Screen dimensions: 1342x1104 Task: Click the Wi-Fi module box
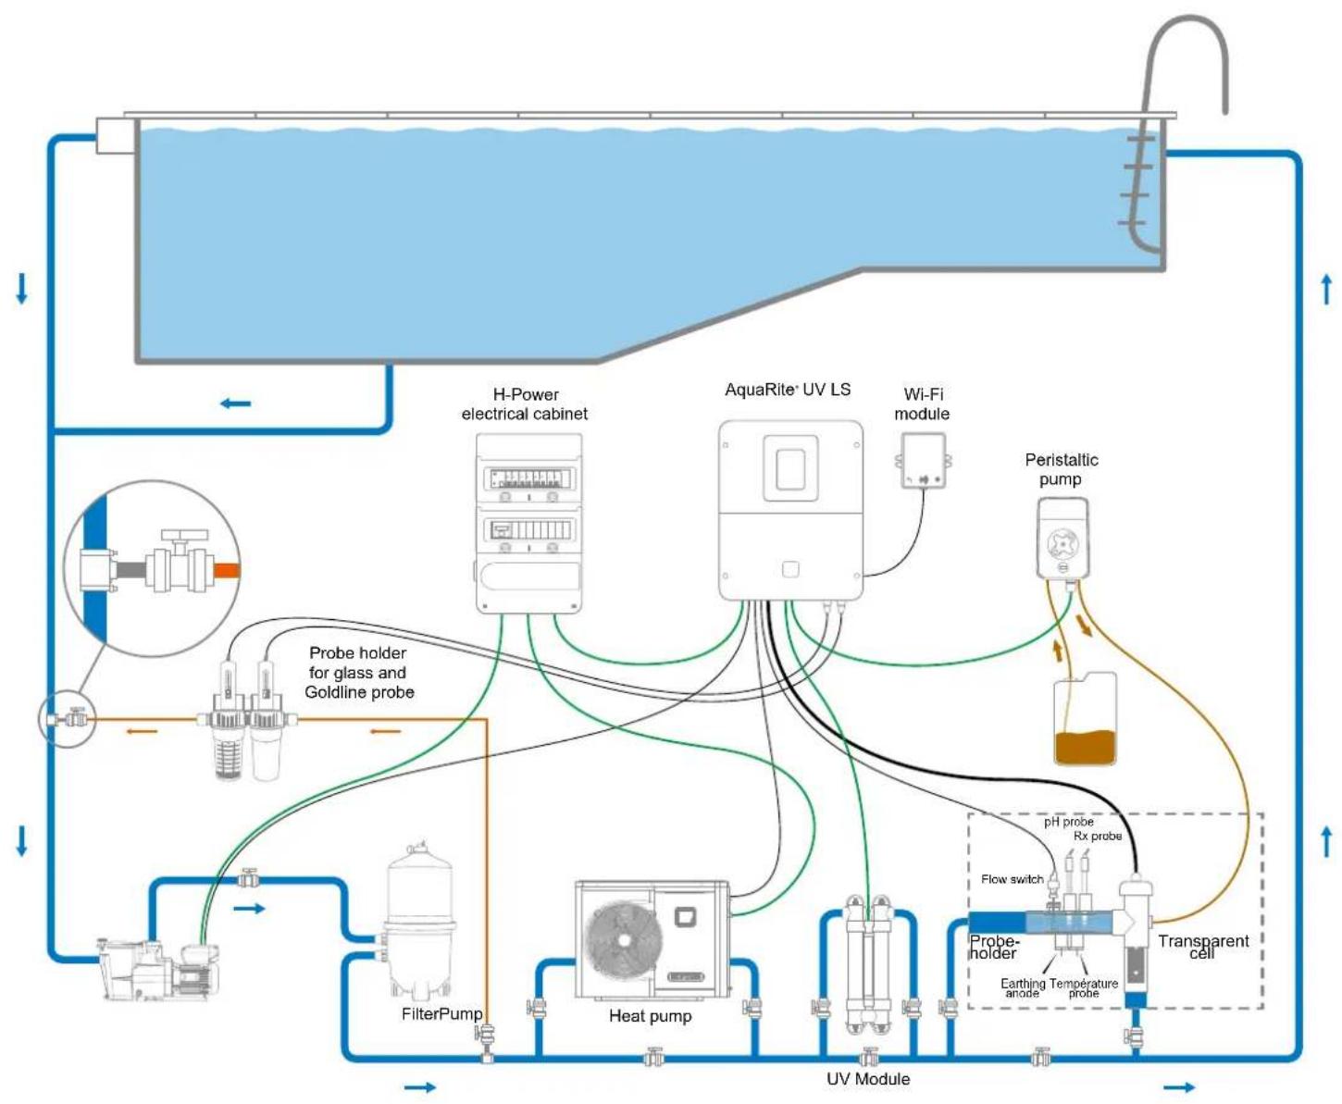coord(923,461)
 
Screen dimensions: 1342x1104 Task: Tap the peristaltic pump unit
coord(1062,539)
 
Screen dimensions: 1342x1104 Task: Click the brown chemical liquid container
coord(1085,718)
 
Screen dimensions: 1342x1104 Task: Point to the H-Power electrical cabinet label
coord(525,404)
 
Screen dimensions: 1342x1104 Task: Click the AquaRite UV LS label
coord(787,390)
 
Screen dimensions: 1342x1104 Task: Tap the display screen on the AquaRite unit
coord(790,469)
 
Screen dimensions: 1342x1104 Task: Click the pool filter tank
coord(419,922)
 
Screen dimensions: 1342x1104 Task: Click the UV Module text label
coord(868,1078)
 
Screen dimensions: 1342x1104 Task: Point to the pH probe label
coord(1068,822)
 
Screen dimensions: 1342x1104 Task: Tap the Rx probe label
coord(1097,836)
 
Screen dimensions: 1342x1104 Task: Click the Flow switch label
coord(1012,879)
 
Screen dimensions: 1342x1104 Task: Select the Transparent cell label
coord(1202,946)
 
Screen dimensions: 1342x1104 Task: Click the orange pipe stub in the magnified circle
coord(227,569)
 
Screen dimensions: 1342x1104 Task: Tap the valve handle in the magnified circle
coord(185,535)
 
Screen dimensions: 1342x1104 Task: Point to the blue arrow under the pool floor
coord(235,403)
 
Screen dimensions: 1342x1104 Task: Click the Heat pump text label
coord(650,1016)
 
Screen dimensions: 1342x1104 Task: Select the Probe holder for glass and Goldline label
coord(359,672)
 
